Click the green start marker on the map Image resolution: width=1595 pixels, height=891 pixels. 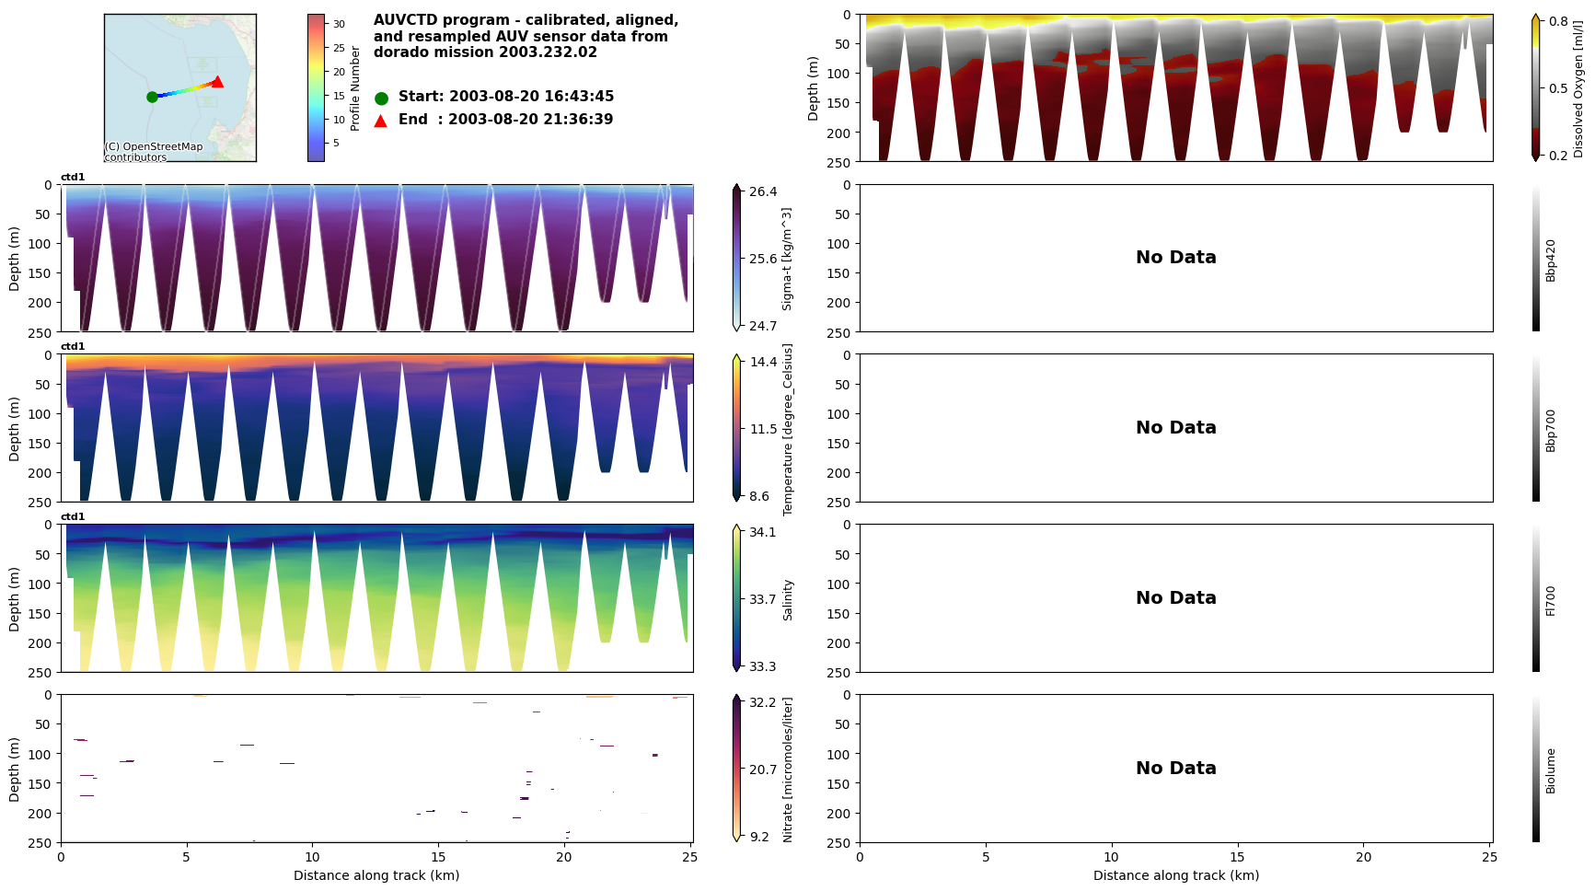(x=152, y=97)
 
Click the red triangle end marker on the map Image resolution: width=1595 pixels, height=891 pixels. (x=217, y=82)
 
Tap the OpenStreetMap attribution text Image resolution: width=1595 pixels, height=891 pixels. (x=153, y=152)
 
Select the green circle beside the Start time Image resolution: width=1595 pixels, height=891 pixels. (x=381, y=98)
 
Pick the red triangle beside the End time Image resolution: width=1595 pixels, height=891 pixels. (x=381, y=121)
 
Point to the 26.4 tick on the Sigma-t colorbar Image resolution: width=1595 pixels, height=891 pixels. (x=762, y=191)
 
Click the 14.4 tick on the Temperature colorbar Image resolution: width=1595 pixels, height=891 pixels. (x=762, y=362)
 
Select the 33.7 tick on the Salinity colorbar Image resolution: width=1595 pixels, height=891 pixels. (x=762, y=599)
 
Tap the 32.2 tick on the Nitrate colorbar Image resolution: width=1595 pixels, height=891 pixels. (x=762, y=702)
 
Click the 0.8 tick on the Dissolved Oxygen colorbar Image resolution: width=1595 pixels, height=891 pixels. (x=1558, y=21)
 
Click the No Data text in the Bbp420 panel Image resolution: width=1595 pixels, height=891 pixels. (x=1175, y=258)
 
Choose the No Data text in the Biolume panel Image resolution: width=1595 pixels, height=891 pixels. (x=1175, y=769)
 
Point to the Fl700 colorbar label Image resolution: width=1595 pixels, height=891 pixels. (x=1551, y=600)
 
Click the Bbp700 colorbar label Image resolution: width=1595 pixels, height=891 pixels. (x=1551, y=430)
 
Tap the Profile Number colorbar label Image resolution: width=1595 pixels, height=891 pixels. (x=355, y=88)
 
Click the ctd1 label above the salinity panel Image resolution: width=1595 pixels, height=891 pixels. (x=73, y=517)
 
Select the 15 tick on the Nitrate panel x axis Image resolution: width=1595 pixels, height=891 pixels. (x=438, y=857)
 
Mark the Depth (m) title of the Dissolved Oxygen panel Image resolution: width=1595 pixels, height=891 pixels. (x=813, y=88)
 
